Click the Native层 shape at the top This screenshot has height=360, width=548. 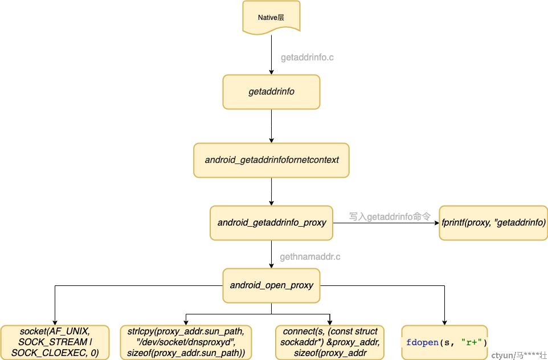(x=271, y=18)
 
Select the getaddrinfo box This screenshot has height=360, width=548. (x=271, y=92)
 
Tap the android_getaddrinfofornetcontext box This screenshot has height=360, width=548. (x=271, y=160)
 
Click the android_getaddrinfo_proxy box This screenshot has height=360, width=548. (x=271, y=223)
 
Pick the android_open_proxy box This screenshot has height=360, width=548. (x=271, y=285)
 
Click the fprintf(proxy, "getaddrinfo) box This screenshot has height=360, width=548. (x=493, y=223)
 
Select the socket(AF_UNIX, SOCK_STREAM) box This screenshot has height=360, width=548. (x=55, y=342)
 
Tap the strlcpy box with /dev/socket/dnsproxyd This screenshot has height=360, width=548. (x=186, y=342)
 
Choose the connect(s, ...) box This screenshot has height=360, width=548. (x=330, y=342)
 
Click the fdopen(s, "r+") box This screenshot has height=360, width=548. (x=444, y=342)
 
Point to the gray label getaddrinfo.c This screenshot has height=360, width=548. (x=307, y=58)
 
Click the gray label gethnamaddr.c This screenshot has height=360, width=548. (x=310, y=257)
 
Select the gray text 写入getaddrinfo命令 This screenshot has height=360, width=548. (x=390, y=216)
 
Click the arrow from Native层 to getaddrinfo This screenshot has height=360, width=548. (x=271, y=55)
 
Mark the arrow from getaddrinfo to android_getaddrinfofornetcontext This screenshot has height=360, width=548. (x=271, y=126)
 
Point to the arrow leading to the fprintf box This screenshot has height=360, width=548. (x=386, y=223)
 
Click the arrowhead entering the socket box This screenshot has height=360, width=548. (x=55, y=322)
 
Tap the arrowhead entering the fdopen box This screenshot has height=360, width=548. (x=444, y=322)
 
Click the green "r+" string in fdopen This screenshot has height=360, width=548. (x=469, y=342)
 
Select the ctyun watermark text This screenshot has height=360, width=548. (x=519, y=355)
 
